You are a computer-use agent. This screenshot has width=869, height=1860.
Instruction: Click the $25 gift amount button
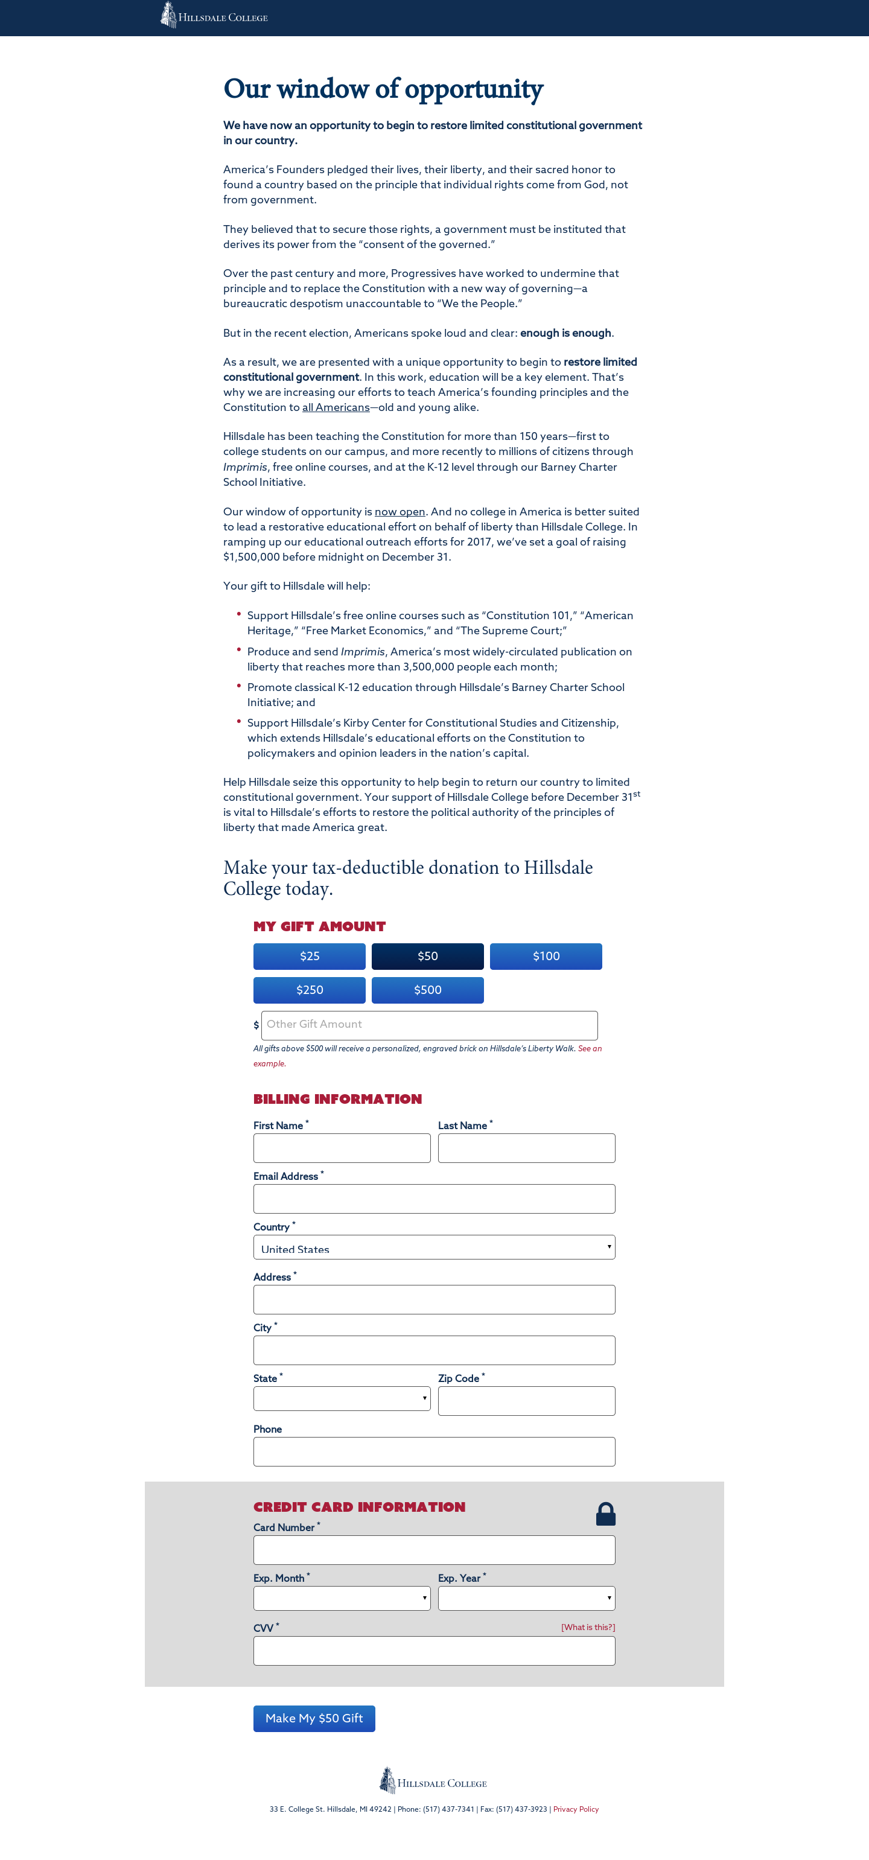pos(309,956)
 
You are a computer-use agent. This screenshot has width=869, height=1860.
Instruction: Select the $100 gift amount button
pos(546,956)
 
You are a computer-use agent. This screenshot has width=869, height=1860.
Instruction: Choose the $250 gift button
pos(309,990)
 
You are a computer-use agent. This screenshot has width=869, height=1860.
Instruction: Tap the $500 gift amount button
pos(427,990)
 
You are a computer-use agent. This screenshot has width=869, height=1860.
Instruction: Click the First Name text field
pos(342,1148)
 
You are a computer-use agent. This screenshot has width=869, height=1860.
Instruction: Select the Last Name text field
pos(526,1148)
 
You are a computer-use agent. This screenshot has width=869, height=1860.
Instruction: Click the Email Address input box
pos(434,1199)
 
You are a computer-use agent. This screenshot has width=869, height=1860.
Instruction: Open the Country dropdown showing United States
pos(434,1247)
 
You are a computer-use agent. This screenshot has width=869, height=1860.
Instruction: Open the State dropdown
pos(342,1398)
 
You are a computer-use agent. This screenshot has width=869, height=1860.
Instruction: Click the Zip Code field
pos(526,1401)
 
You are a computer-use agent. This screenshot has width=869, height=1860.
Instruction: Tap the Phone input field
pos(434,1451)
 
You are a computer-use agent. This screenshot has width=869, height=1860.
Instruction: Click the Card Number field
pos(434,1550)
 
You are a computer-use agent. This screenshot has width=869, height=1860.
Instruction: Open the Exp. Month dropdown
pos(342,1598)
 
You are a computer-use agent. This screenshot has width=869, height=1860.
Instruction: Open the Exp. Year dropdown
pos(526,1598)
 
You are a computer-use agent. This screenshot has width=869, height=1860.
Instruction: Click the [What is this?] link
pos(588,1627)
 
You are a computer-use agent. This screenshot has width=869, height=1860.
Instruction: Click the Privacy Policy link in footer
pos(575,1809)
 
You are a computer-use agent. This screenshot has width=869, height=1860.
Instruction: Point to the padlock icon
pos(605,1514)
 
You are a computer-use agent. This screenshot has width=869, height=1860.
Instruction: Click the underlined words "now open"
pos(399,512)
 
